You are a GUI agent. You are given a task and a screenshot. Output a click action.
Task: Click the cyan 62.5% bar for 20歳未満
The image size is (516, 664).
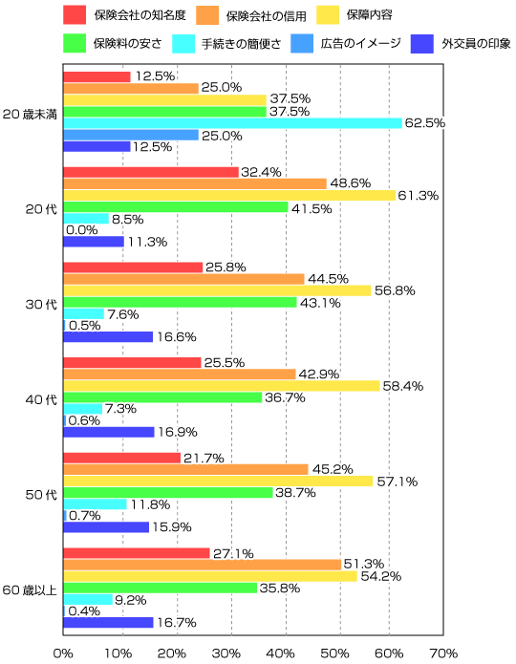tap(232, 123)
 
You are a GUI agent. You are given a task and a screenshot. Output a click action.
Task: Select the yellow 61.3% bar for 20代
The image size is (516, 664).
tap(229, 195)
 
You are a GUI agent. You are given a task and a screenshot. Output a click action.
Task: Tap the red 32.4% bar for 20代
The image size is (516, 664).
tap(151, 172)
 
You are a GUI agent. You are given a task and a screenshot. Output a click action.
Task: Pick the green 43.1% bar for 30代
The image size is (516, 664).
tap(180, 302)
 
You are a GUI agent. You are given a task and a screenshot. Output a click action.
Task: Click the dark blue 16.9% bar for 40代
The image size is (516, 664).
tap(109, 432)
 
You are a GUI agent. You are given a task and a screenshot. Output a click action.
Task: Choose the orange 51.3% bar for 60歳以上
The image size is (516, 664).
tap(203, 565)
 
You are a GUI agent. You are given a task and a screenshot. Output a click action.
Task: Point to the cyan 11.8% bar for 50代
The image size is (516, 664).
tap(95, 503)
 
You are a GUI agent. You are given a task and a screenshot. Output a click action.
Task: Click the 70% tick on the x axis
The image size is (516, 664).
tap(443, 653)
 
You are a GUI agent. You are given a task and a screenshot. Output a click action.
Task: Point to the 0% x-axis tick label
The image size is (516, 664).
tap(63, 653)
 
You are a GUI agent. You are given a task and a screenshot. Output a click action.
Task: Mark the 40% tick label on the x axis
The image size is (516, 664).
tap(281, 653)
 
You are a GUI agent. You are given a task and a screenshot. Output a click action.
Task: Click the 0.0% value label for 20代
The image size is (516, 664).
tap(85, 230)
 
